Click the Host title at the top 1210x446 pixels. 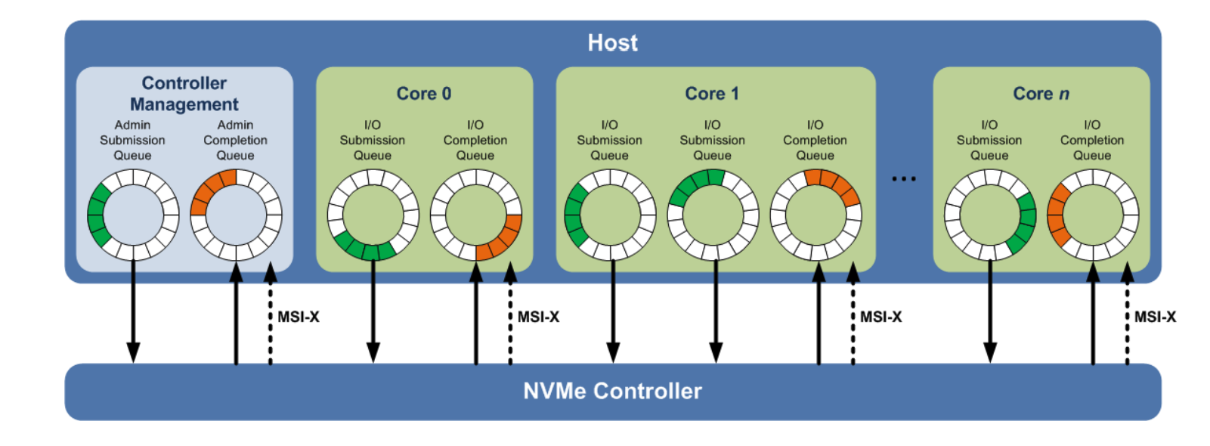click(x=612, y=42)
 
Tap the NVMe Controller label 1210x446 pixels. click(x=612, y=391)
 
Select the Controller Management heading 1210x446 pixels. click(x=184, y=94)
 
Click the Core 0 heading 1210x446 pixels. click(x=424, y=94)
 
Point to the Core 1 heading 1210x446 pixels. click(x=712, y=94)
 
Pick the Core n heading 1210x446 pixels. click(x=1041, y=94)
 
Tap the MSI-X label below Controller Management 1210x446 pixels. click(x=299, y=317)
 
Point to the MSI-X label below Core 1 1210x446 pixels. click(x=881, y=317)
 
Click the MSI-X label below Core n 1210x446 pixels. click(x=1155, y=317)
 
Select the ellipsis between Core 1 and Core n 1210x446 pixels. click(x=904, y=179)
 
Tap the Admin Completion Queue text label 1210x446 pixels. click(x=235, y=140)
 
